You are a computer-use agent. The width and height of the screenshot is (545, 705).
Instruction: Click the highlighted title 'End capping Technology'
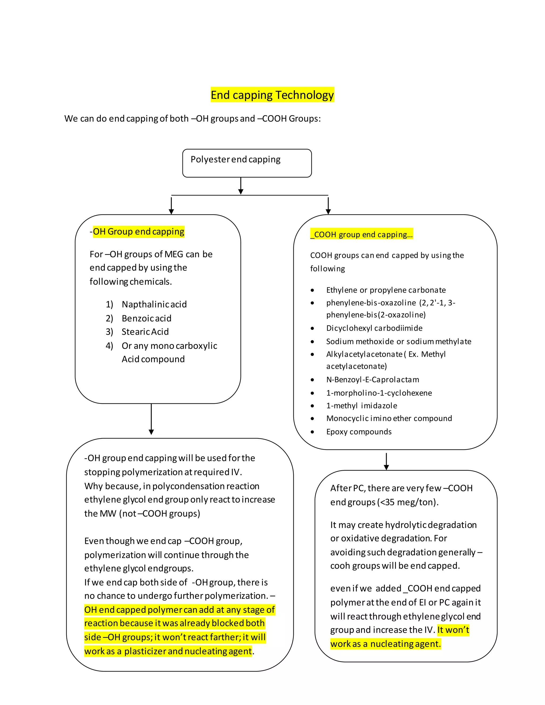(x=272, y=95)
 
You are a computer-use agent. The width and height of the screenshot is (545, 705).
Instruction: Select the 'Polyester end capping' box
(x=247, y=163)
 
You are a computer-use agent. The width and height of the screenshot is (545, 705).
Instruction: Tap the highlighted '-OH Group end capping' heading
(x=138, y=231)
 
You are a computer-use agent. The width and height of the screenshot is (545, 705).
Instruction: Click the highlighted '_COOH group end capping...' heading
(x=361, y=234)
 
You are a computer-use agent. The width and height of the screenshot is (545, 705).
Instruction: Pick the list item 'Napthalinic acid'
(x=154, y=304)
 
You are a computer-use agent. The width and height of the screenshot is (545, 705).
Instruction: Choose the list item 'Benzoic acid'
(x=146, y=318)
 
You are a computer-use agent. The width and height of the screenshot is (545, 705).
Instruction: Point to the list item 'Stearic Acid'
(x=145, y=332)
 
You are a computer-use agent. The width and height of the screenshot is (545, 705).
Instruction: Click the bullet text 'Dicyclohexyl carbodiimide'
(x=374, y=328)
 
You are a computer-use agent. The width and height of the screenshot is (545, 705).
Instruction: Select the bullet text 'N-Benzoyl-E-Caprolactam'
(x=372, y=380)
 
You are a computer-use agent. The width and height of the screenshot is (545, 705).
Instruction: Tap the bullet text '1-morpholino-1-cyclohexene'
(x=379, y=393)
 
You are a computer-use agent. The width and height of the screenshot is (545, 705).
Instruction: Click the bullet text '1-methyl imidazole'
(x=361, y=406)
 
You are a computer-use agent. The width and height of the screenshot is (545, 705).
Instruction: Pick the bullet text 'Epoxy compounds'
(x=358, y=432)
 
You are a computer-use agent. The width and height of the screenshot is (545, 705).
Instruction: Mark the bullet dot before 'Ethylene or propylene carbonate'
(x=312, y=290)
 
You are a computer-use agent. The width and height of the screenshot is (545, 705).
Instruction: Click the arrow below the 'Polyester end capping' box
(x=241, y=186)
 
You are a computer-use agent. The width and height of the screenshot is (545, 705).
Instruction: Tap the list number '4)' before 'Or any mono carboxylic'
(x=109, y=346)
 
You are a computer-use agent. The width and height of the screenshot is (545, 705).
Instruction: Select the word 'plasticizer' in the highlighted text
(x=145, y=651)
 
